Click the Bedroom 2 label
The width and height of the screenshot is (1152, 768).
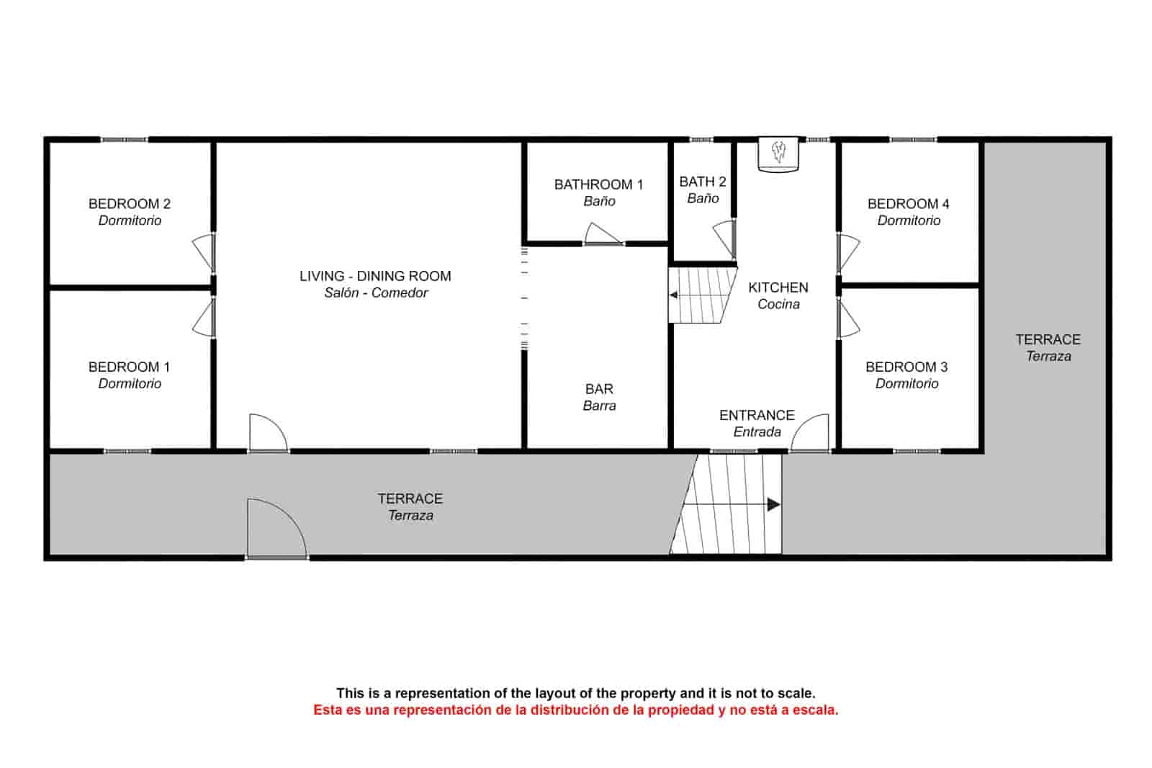point(130,204)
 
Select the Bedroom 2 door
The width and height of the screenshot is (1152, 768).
point(204,252)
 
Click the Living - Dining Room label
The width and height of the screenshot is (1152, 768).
point(375,276)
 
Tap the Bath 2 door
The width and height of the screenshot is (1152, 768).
point(725,239)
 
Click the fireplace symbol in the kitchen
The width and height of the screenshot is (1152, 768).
point(778,153)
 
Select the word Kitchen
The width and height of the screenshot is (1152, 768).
point(778,287)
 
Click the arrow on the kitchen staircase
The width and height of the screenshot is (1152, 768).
point(674,295)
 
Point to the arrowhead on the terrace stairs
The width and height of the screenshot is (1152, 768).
point(773,504)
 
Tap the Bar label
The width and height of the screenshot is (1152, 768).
point(599,389)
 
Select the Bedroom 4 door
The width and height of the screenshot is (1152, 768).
point(848,253)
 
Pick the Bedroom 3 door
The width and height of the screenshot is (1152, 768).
point(848,319)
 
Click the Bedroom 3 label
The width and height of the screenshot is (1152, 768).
point(906,367)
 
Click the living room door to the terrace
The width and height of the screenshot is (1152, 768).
point(267,434)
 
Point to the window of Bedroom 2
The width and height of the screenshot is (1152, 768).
point(124,139)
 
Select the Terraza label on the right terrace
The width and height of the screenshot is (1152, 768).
point(1048,356)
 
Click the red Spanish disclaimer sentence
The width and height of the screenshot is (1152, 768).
point(575,710)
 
